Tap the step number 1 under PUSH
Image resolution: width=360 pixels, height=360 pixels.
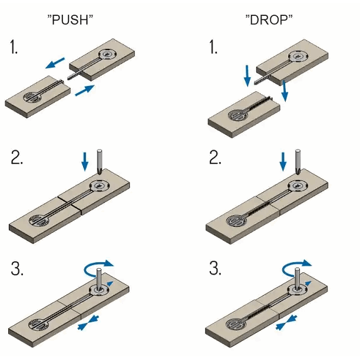click(x=14, y=48)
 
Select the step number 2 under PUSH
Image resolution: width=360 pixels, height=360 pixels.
click(x=16, y=158)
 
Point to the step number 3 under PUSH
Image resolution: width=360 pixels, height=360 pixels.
click(x=16, y=269)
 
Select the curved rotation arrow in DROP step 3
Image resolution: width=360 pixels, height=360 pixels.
click(x=297, y=269)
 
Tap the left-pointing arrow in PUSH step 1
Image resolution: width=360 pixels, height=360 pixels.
click(x=56, y=62)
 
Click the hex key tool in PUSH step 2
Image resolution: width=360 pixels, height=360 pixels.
click(x=100, y=161)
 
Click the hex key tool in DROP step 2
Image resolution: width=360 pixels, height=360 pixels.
click(x=298, y=161)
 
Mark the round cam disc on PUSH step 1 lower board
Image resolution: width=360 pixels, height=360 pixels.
click(x=32, y=97)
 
